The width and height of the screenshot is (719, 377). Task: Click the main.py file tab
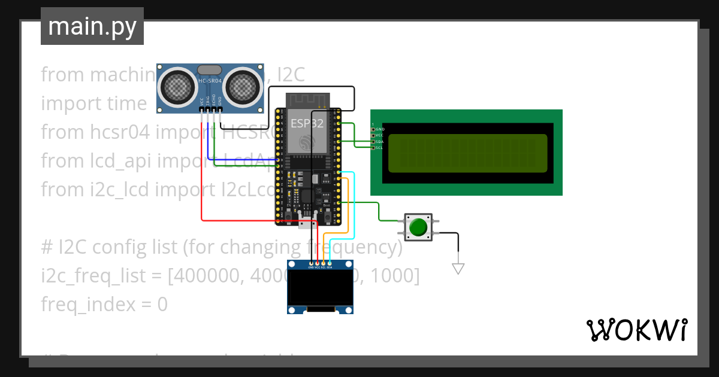tap(92, 26)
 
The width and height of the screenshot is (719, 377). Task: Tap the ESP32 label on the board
tap(307, 124)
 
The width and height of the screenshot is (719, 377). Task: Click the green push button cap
tap(418, 227)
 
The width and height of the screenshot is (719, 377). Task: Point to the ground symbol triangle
tap(458, 269)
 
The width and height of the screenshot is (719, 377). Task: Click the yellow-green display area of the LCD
tap(467, 153)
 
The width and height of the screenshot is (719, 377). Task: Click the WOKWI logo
tap(636, 330)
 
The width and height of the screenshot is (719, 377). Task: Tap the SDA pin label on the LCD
tap(379, 141)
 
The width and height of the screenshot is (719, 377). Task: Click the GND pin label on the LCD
tap(379, 129)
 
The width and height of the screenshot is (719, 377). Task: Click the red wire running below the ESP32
tap(252, 221)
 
